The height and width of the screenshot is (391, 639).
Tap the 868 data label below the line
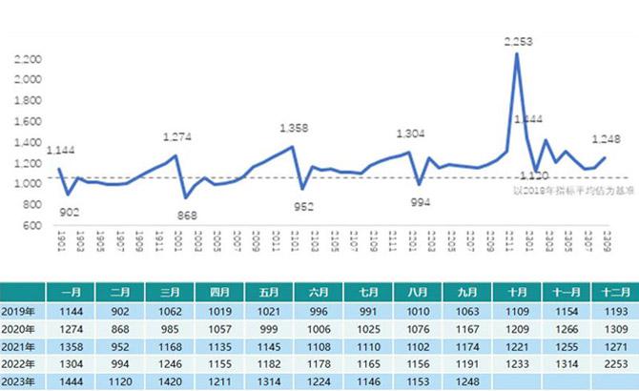[x=188, y=216]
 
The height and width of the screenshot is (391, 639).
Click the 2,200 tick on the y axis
[x=28, y=59]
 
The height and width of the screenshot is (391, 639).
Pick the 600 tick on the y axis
[x=33, y=225]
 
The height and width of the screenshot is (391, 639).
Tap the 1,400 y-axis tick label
[x=28, y=142]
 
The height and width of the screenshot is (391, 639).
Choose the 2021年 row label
[x=20, y=345]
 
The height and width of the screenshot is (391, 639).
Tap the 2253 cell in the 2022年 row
[x=609, y=362]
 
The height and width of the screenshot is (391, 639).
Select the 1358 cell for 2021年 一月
[x=70, y=345]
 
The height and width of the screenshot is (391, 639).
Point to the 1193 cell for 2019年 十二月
[x=609, y=312]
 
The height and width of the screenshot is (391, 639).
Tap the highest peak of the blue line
[x=517, y=53]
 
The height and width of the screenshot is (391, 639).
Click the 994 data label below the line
[x=421, y=202]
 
